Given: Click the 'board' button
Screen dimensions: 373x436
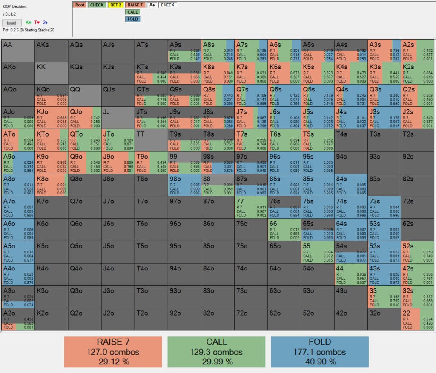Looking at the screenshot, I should pyautogui.click(x=11, y=23).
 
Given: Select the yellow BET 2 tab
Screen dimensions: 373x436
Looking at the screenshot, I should pyautogui.click(x=116, y=5).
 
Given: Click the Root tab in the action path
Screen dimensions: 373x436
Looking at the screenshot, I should pyautogui.click(x=79, y=5).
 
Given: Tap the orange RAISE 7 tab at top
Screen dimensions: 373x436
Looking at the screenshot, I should pyautogui.click(x=135, y=5).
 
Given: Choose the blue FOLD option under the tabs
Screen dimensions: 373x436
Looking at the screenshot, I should pyautogui.click(x=133, y=19).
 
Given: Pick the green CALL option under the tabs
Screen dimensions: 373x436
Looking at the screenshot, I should pyautogui.click(x=133, y=12).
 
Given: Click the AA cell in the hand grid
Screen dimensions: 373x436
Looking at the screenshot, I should pyautogui.click(x=18, y=51).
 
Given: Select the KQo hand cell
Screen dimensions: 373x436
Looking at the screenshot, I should pyautogui.click(x=51, y=95).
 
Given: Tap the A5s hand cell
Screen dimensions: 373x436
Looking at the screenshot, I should pyautogui.click(x=317, y=51).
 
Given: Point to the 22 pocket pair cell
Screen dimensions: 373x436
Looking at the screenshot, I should pyautogui.click(x=417, y=319).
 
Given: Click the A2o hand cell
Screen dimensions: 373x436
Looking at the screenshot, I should pyautogui.click(x=18, y=319).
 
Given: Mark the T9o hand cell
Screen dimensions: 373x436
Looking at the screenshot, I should pyautogui.click(x=151, y=162).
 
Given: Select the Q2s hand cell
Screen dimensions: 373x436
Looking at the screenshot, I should pyautogui.click(x=417, y=95).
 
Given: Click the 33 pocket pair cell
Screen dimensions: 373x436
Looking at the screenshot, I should pyautogui.click(x=384, y=296).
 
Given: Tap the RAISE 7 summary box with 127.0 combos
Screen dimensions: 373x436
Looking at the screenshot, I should pyautogui.click(x=113, y=352).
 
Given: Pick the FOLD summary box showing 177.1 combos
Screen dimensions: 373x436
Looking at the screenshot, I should pyautogui.click(x=319, y=352).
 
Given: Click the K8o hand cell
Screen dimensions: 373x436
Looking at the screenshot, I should pyautogui.click(x=51, y=184).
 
